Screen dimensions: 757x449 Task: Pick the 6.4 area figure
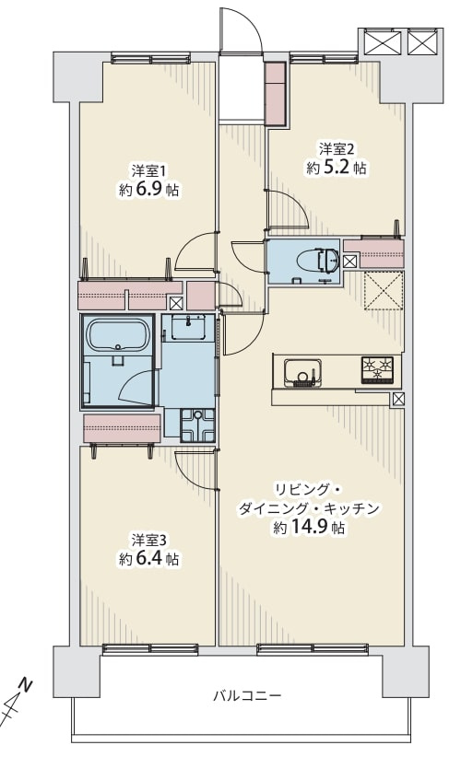[148, 558]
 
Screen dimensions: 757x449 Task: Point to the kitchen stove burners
[376, 370]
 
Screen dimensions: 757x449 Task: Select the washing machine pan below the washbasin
[197, 425]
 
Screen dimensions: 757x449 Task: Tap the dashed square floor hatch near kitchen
[383, 291]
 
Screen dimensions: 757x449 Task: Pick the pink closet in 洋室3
[122, 427]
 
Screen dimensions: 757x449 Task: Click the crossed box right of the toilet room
[350, 262]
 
